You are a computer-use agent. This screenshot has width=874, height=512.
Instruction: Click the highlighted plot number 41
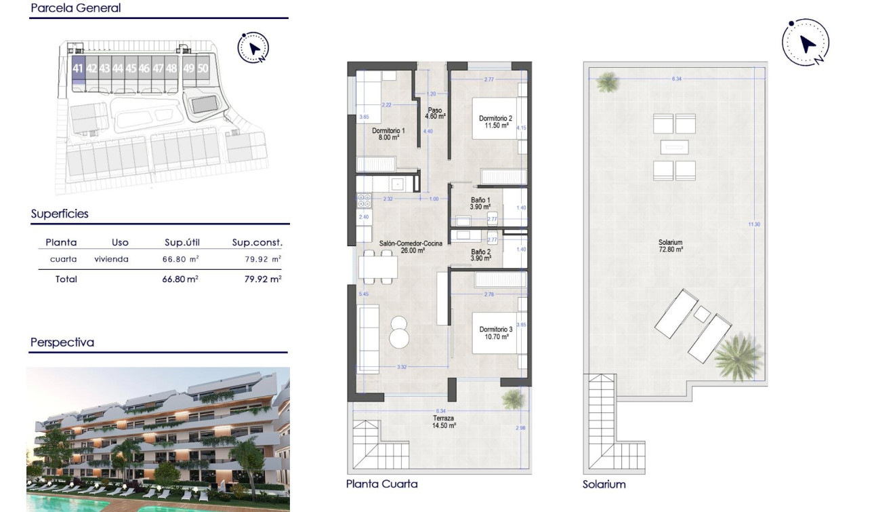pos(78,68)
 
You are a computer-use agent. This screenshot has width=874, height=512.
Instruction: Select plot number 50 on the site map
pos(203,68)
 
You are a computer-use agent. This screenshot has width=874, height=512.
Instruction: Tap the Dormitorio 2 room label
pos(494,121)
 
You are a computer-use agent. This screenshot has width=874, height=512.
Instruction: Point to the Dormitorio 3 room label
pos(493,332)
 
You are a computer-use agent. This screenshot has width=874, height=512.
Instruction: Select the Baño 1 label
pos(482,203)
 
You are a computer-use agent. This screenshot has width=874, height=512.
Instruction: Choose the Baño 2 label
pos(482,254)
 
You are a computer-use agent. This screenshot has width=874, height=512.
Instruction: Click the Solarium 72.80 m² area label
pos(669,245)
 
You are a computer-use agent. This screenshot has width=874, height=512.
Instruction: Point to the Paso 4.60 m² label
pos(435,113)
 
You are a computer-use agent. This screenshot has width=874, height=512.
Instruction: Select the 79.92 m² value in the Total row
pos(262,279)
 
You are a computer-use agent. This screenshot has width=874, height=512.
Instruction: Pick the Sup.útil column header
pos(182,242)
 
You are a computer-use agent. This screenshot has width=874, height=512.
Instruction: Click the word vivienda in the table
pos(112,259)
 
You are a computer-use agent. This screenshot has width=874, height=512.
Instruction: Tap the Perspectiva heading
pos(62,342)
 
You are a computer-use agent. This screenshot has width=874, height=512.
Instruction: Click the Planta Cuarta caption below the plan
pos(381,484)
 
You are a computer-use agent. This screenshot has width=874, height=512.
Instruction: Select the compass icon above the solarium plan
pos(806,43)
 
